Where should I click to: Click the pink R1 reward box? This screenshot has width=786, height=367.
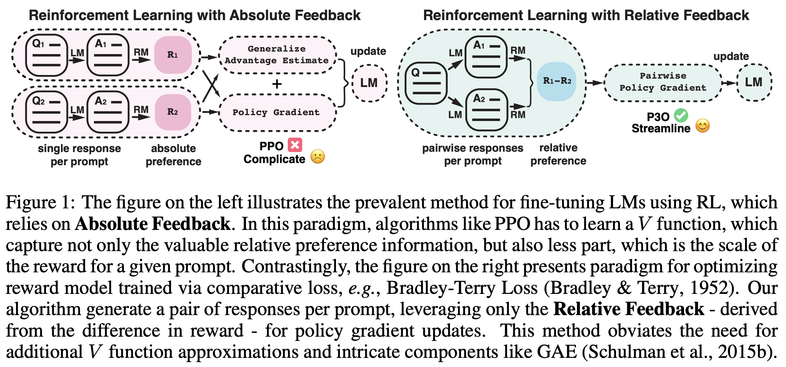point(173,55)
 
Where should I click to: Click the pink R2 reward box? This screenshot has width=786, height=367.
point(173,112)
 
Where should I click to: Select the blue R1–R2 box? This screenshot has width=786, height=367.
point(557,81)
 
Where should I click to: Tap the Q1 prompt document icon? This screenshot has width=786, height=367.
point(46,55)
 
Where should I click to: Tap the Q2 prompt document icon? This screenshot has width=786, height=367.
point(46,112)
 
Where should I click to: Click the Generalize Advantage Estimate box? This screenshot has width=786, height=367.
point(277,55)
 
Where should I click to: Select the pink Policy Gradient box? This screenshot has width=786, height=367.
point(277,112)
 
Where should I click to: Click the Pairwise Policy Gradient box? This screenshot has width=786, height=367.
point(662,82)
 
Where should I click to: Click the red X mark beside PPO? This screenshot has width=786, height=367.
point(295,145)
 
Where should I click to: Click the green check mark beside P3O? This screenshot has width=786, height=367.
point(681,116)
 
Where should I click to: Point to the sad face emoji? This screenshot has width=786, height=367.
point(317,157)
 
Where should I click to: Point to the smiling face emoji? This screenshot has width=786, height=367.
point(702,126)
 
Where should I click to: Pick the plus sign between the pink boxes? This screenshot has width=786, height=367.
point(277,84)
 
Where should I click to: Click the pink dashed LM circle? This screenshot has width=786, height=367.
point(369,83)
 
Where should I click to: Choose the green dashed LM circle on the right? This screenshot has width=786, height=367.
point(754,82)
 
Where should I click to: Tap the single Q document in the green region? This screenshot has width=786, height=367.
point(426,83)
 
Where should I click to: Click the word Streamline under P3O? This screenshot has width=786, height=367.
point(661,128)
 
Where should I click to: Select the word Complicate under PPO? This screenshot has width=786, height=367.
point(274,159)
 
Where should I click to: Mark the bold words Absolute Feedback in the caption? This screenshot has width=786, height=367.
point(153,224)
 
